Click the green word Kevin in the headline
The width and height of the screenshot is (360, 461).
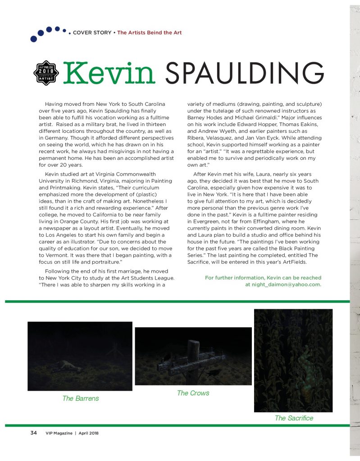110,73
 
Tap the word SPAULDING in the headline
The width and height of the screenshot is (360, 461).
245,73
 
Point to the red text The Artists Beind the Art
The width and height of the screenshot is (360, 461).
149,33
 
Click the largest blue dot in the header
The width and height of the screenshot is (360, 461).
34,39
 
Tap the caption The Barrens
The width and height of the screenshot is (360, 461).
81,398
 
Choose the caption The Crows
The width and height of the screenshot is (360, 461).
193,393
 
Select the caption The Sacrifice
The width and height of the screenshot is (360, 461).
294,418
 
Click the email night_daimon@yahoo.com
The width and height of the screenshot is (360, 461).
283,285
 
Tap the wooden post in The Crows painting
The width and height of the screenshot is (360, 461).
194,360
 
